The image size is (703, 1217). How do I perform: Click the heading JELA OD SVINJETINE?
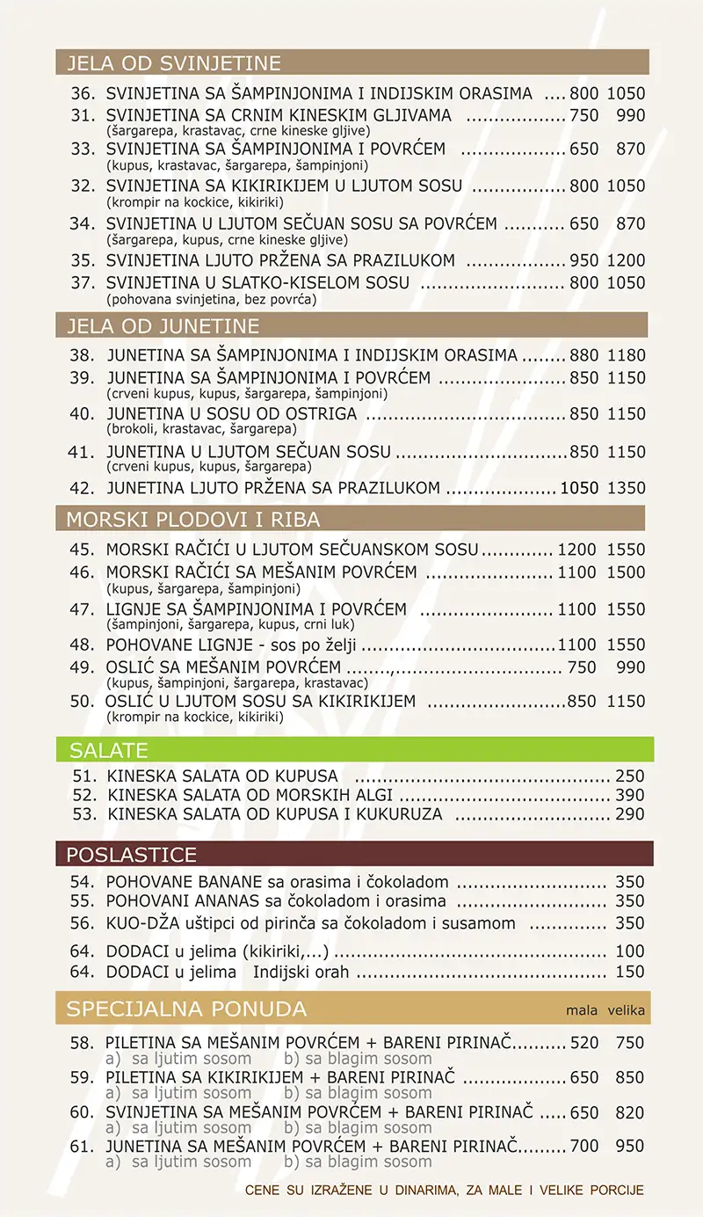point(174,63)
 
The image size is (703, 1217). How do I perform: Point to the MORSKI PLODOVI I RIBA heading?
point(193,519)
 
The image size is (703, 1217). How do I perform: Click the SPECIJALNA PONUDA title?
point(186,1009)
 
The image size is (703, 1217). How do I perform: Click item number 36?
point(83,93)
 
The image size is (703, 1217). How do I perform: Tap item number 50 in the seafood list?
point(82,702)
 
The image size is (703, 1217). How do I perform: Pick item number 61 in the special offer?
point(82,1147)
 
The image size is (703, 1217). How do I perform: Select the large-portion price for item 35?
point(626,260)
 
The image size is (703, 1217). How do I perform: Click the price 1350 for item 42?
point(626,488)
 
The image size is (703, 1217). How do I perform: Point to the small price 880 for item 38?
point(583,356)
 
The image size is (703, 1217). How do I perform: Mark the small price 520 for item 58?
point(584,1043)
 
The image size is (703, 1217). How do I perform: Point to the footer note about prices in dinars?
point(445,1191)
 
